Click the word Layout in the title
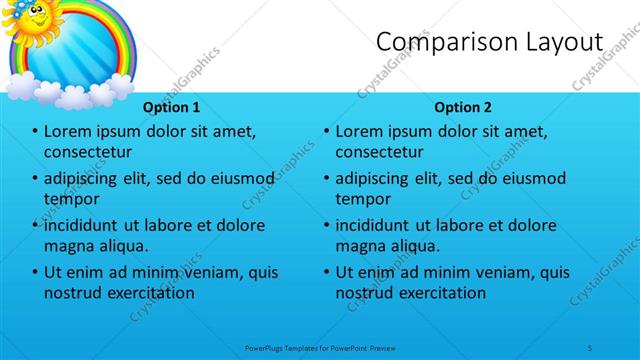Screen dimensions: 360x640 pyautogui.click(x=557, y=42)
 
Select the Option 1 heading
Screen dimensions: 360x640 pyautogui.click(x=171, y=106)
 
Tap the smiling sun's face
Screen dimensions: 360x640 pyautogui.click(x=33, y=17)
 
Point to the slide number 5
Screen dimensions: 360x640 pyautogui.click(x=591, y=347)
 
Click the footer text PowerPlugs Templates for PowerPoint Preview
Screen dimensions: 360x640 pyautogui.click(x=322, y=347)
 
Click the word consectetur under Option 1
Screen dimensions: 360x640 pyautogui.click(x=88, y=152)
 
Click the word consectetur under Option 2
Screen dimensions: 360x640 pyautogui.click(x=379, y=152)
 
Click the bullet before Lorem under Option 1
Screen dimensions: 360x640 pyautogui.click(x=35, y=132)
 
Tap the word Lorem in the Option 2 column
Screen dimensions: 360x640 pyautogui.click(x=359, y=131)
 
